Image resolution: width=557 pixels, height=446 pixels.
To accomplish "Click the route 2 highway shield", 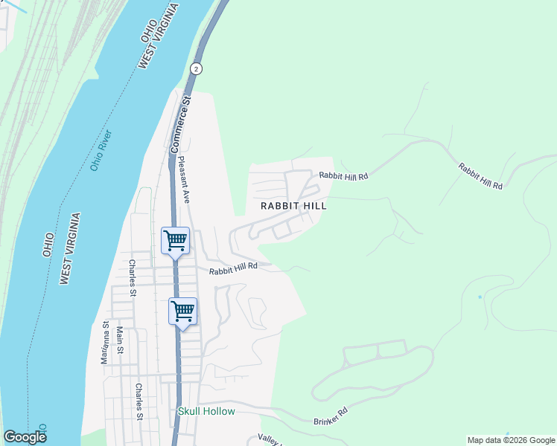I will click(x=196, y=68).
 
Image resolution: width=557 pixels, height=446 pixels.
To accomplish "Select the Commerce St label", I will click(x=181, y=123).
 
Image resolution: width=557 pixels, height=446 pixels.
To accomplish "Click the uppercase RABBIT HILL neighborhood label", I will click(x=293, y=206).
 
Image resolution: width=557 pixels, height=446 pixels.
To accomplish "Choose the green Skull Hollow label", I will click(x=206, y=411).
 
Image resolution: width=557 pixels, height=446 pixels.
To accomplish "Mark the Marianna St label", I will click(x=106, y=343).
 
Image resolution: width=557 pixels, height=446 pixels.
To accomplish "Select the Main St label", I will click(x=119, y=344).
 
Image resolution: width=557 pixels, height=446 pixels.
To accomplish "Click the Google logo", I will click(x=25, y=437).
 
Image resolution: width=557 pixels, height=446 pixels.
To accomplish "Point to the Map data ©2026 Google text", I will click(x=510, y=440).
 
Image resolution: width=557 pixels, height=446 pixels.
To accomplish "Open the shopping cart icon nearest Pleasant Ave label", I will click(x=175, y=240).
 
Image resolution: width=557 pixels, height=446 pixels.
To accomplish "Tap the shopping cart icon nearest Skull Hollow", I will click(x=182, y=311).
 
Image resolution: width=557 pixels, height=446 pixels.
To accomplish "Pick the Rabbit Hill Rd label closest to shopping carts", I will click(x=233, y=270).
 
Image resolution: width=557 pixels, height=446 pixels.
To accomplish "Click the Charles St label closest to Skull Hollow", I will click(x=139, y=401).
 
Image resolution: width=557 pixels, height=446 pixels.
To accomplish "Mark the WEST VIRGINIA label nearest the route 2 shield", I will click(x=159, y=38).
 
